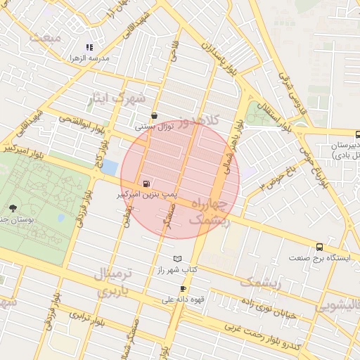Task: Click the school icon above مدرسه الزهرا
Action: click(89, 48)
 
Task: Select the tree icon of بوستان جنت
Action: click(13, 207)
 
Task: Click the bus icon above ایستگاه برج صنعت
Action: click(320, 247)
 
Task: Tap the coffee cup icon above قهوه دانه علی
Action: click(183, 289)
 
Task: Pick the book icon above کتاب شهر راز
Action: click(177, 259)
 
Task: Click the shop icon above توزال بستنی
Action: click(154, 116)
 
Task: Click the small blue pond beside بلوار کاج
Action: click(109, 167)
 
